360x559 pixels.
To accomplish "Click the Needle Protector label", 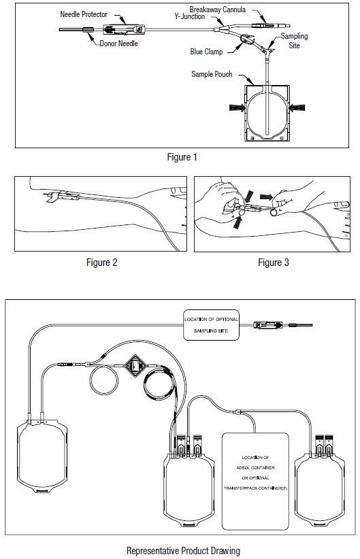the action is click(x=84, y=14).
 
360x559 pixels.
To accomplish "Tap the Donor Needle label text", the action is click(x=118, y=44).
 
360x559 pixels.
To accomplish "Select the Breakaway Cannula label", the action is click(x=218, y=10).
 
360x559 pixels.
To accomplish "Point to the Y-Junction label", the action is click(x=189, y=17).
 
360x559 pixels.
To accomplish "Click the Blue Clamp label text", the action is click(x=206, y=52).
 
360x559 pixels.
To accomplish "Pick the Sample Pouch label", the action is click(x=212, y=74).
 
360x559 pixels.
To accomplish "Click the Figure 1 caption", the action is click(x=182, y=157).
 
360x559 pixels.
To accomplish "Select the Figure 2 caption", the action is click(x=101, y=262).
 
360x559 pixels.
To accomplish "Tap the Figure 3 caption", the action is click(x=274, y=262).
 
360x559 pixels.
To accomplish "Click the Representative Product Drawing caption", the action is click(x=183, y=551).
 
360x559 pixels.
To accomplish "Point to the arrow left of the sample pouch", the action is click(x=237, y=107).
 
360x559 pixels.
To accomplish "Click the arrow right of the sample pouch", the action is click(x=297, y=107).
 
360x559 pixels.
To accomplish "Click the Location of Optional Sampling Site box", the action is click(x=211, y=325).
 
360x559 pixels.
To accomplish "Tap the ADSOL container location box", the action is click(x=255, y=481).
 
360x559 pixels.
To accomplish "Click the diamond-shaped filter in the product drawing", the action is click(x=135, y=366).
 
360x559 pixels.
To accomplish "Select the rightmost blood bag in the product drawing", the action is click(x=320, y=488).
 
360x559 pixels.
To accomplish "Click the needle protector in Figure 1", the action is click(x=123, y=29).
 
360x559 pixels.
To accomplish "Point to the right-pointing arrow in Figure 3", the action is click(x=266, y=197).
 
